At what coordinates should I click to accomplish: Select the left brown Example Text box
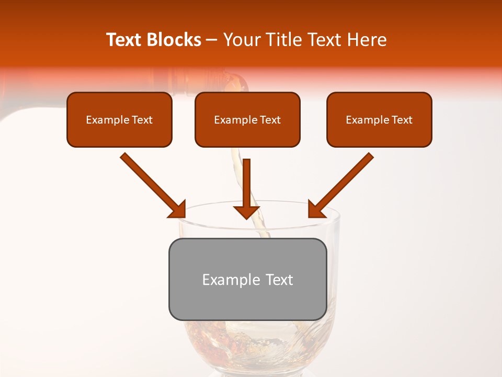tap(119, 119)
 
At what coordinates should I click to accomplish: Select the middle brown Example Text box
tap(247, 119)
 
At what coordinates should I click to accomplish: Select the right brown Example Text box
tap(379, 119)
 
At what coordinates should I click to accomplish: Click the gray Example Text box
tap(247, 279)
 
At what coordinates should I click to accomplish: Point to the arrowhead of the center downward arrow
tap(246, 212)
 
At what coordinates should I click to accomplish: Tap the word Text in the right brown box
tap(402, 120)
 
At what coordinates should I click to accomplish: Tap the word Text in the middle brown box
tap(270, 120)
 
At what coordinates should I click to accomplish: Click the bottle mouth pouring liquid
tap(238, 84)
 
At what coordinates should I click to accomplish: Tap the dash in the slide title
tap(212, 40)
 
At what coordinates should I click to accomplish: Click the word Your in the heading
tap(241, 40)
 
